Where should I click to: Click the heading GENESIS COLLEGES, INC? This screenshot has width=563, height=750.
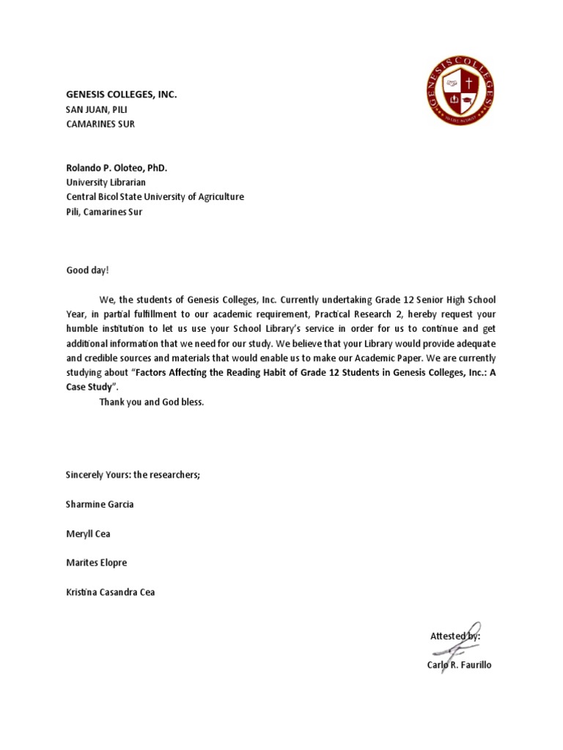122,94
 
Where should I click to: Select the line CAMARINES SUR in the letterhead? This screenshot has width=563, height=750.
100,124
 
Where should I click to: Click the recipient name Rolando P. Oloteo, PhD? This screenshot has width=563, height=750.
117,168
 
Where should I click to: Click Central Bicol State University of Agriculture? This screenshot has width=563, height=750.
155,197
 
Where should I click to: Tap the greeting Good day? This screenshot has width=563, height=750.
87,270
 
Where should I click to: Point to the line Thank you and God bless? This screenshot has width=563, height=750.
152,402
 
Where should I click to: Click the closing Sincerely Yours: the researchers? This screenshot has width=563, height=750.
133,475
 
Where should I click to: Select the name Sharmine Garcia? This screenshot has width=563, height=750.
100,504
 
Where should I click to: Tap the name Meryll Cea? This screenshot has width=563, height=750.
88,533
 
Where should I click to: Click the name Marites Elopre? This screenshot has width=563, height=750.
96,562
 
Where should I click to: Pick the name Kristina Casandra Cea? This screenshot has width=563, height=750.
111,592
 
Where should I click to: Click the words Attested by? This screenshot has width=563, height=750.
455,636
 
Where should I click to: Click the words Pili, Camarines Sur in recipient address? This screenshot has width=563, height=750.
104,212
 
